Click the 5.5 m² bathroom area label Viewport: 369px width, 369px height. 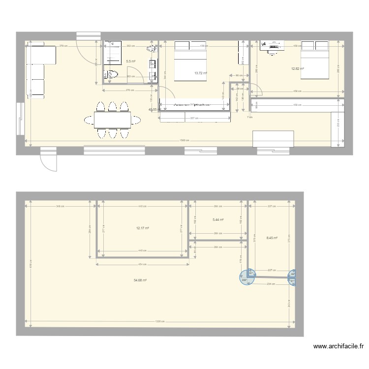tap(130, 61)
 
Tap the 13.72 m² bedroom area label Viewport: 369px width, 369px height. tap(201, 73)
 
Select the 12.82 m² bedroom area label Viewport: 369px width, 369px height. tap(298, 69)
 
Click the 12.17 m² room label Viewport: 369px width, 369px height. tap(143, 228)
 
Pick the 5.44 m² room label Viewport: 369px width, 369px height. tap(218, 220)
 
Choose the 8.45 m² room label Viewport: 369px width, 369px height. tap(272, 238)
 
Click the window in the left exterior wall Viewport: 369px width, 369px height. tap(20, 119)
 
